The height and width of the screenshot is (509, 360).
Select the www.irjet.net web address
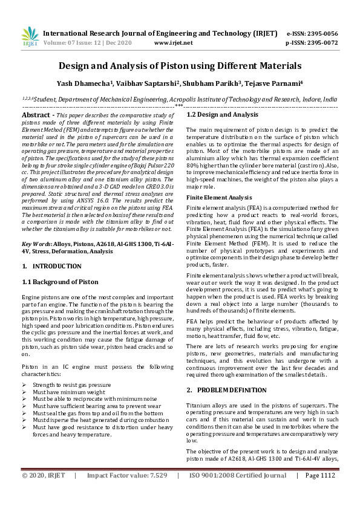coord(174,43)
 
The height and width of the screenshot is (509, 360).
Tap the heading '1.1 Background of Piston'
coord(60,282)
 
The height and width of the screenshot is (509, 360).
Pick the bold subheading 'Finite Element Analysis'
coord(219,197)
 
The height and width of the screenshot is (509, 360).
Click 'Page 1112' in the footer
coord(320,493)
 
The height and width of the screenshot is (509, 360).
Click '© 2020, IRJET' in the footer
coord(43,493)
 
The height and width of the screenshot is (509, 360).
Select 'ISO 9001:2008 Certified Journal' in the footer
coord(238,493)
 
